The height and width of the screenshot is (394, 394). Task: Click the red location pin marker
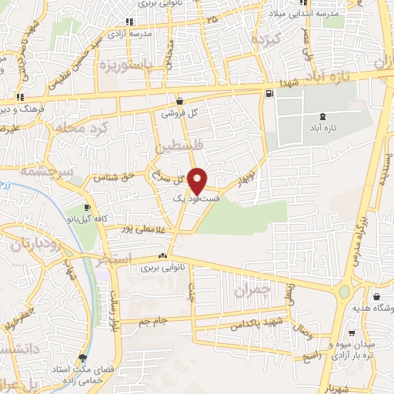click(198, 180)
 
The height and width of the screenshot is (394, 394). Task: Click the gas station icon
click(269, 94)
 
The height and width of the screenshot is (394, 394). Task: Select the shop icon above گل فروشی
click(179, 100)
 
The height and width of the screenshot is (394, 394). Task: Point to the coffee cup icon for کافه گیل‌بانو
click(88, 207)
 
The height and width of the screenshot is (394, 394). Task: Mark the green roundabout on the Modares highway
click(344, 292)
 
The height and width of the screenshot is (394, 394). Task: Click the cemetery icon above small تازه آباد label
click(321, 116)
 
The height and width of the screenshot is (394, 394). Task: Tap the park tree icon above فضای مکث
click(83, 357)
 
